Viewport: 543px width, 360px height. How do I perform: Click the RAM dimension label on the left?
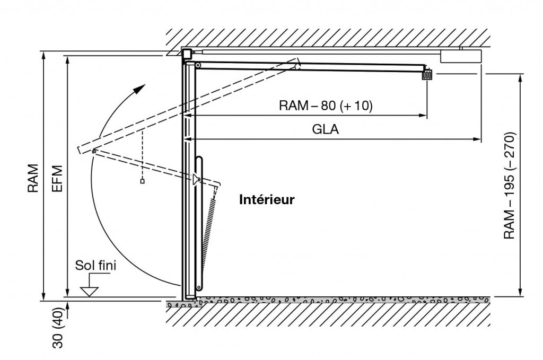33,178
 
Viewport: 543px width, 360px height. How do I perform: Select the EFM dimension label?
58,178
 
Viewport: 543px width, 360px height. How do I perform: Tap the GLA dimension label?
326,129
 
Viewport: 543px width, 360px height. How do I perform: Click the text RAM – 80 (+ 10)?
326,105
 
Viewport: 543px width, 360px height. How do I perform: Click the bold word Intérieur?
267,200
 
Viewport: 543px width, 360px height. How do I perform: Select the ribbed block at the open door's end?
427,75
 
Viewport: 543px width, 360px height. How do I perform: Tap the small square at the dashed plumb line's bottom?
142,181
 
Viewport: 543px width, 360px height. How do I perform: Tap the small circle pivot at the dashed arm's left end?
93,152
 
